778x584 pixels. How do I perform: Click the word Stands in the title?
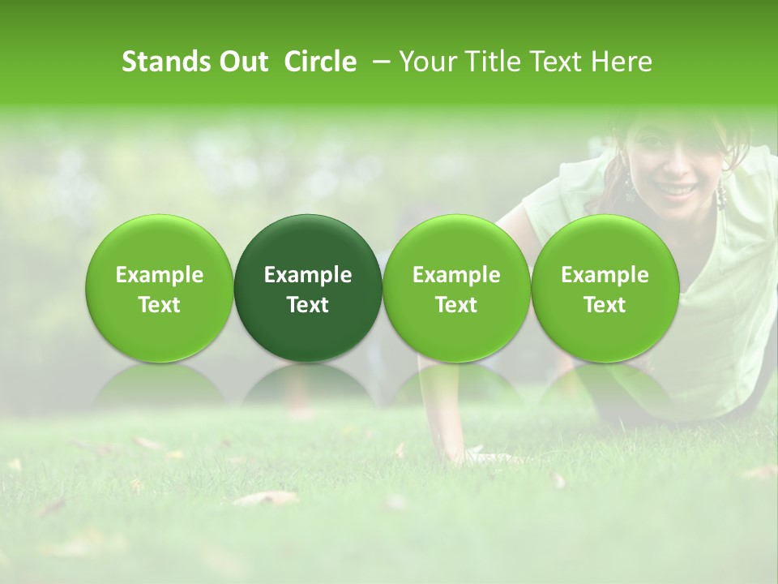166,62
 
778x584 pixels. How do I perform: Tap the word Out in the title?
242,62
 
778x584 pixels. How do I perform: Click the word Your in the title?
426,62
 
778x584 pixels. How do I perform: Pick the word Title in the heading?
488,62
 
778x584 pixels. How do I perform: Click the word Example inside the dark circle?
307,276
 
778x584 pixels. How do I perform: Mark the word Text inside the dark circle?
307,305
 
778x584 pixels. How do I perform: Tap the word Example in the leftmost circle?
159,276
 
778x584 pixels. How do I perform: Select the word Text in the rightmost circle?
605,305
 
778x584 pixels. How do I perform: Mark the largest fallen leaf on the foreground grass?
265,498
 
